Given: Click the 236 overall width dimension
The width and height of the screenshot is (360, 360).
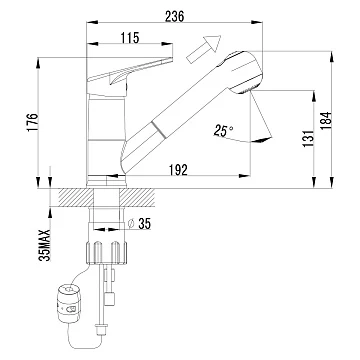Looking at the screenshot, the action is pos(174,16).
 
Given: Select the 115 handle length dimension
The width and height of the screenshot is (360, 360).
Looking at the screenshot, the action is pos(130,38).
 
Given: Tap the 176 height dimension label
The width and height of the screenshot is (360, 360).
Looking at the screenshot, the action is pos(33,122).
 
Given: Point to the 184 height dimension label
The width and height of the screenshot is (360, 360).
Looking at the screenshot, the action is pos(327,120).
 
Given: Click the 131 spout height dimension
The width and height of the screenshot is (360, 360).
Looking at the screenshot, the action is pos(309,139).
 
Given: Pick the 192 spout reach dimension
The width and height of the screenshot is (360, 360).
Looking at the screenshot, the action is pos(177,170).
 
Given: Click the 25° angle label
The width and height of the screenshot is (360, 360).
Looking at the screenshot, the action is pos(223,131).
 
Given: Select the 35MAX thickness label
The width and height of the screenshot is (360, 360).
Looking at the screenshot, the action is pos(45,245).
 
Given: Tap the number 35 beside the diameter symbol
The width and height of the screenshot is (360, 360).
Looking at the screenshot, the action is pos(144,224).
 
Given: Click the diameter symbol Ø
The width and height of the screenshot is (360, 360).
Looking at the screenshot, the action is pos(131,224).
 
